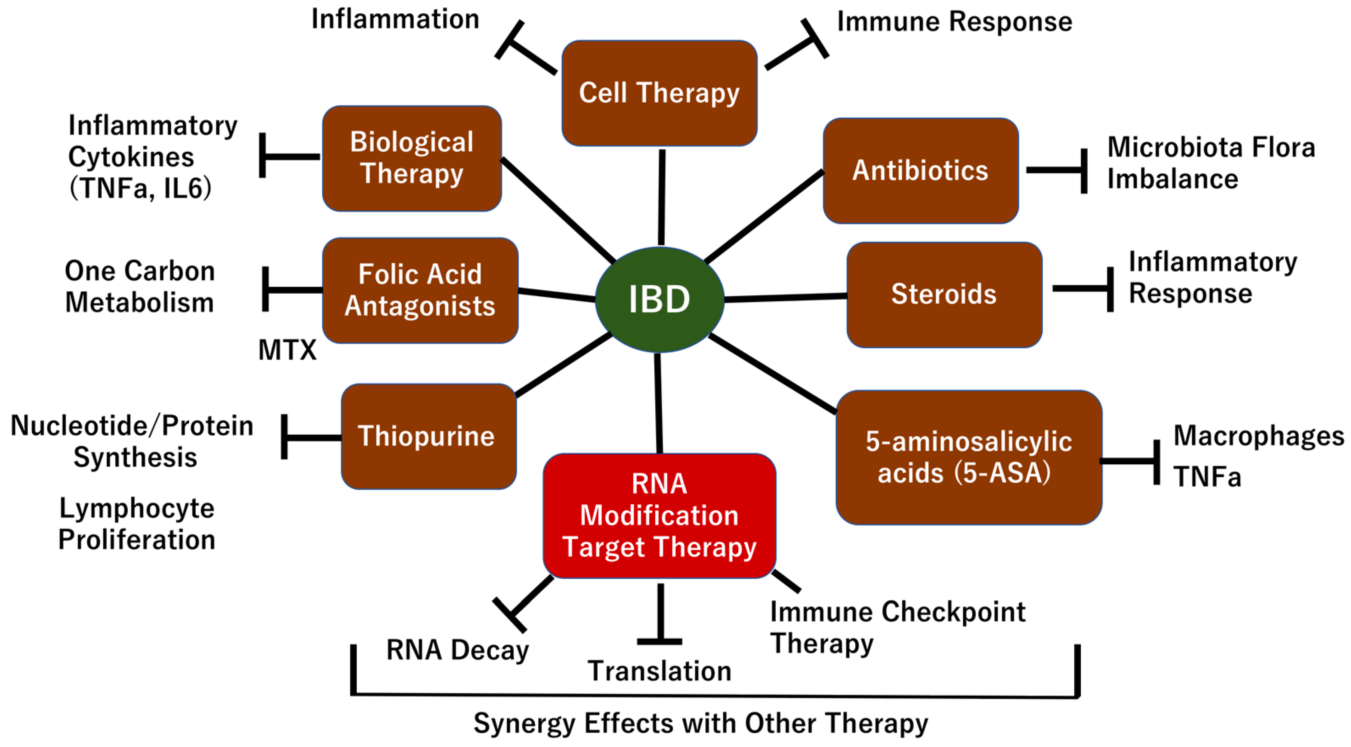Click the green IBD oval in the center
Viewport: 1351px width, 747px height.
coord(659,299)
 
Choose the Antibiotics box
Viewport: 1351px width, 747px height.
coord(920,171)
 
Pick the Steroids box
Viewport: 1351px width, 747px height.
coord(944,294)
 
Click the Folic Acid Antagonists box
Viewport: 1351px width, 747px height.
coord(420,290)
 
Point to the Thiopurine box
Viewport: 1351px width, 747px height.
coord(428,436)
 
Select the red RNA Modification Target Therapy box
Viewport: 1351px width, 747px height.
coord(659,516)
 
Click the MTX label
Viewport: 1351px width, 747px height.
coord(287,350)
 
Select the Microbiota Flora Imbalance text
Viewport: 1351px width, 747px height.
coord(1210,163)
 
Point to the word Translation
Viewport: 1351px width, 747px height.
coord(659,671)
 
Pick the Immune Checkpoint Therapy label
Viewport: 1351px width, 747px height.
coord(897,627)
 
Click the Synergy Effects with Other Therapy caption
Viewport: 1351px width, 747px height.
coord(701,723)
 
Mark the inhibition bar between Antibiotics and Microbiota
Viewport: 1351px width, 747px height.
coord(1083,171)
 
